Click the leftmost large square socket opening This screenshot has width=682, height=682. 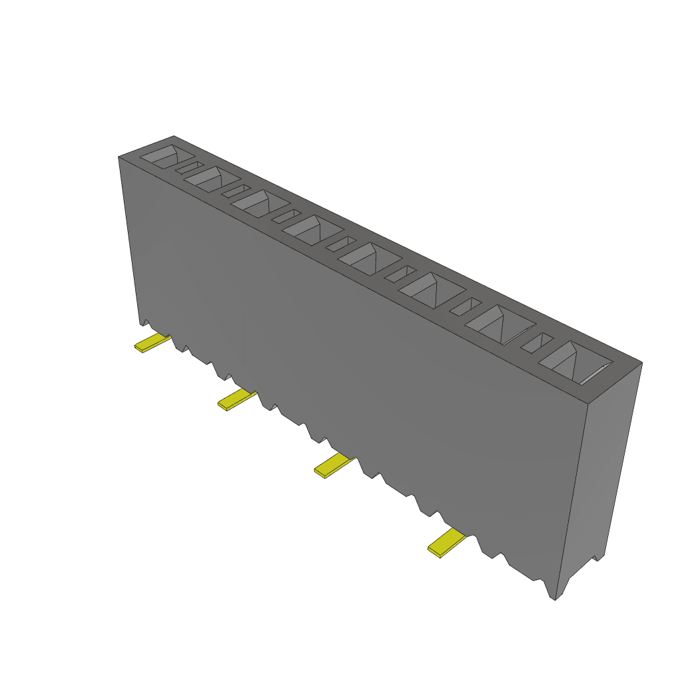(167, 157)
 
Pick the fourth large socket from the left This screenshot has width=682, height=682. (311, 228)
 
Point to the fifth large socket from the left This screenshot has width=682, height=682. (367, 258)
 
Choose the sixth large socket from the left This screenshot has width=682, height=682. (431, 289)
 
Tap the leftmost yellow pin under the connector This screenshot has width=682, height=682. (153, 344)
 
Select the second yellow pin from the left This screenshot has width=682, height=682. (236, 400)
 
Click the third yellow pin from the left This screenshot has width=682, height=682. (333, 465)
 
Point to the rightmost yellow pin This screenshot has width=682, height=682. (446, 543)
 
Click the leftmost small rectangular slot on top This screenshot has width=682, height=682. (190, 167)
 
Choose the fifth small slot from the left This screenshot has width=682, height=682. (400, 273)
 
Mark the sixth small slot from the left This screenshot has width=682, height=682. (465, 306)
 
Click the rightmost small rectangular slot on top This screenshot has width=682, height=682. (537, 342)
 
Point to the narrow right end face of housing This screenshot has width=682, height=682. (603, 466)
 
